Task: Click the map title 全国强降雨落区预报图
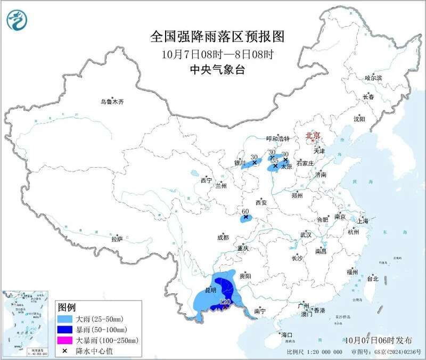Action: pos(218,37)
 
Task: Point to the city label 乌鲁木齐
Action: pos(112,101)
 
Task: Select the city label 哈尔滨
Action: pos(373,78)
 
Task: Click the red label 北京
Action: pos(313,136)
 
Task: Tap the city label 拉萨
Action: pos(117,239)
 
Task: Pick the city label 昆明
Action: pos(211,290)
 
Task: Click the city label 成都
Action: pos(223,238)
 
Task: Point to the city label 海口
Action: pos(287,335)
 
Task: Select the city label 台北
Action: pos(372,279)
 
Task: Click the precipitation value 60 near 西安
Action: pos(245,211)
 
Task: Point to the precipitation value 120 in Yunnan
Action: pos(225,301)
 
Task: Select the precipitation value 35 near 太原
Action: pos(275,160)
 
